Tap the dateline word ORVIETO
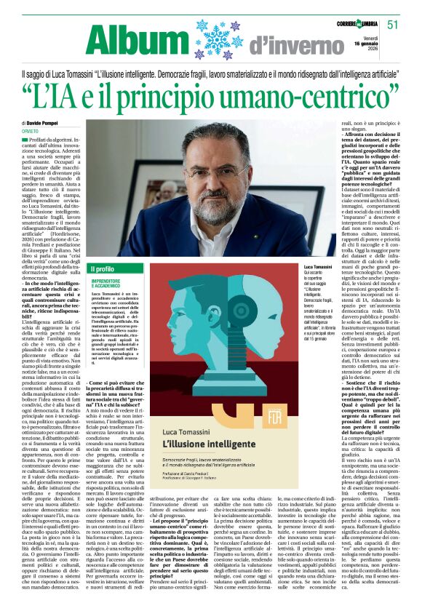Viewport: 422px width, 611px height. [x=31, y=132]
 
